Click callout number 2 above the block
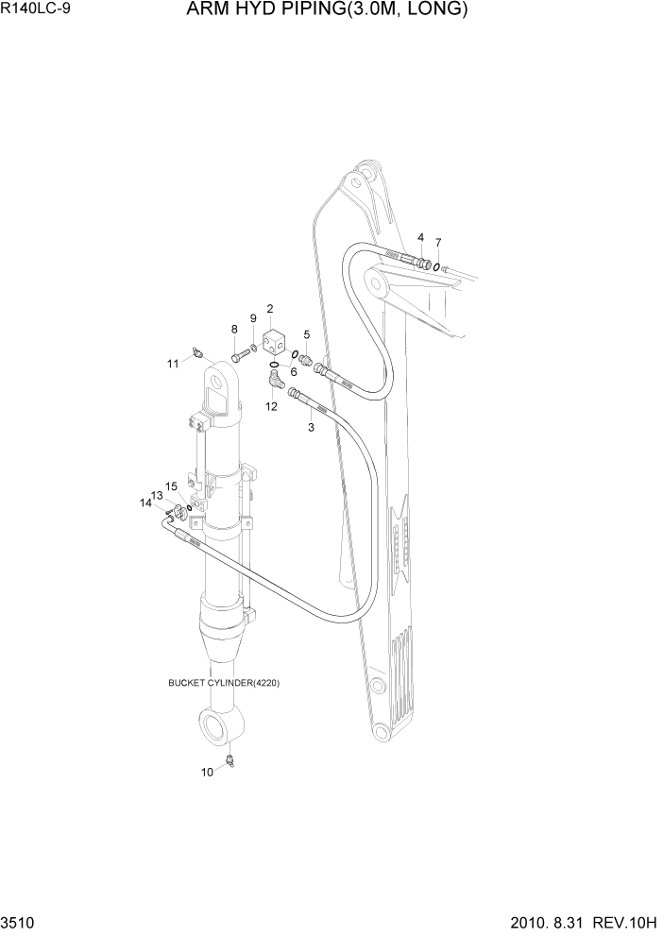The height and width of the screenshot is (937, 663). click(x=270, y=309)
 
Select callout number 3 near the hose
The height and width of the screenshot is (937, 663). click(x=311, y=428)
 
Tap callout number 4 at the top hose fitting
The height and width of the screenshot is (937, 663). click(x=420, y=237)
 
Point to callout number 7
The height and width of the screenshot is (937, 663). click(x=438, y=242)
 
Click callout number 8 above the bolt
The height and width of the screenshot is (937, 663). click(x=234, y=329)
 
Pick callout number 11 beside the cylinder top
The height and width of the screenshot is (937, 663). click(x=173, y=363)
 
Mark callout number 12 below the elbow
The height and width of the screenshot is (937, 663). click(x=271, y=406)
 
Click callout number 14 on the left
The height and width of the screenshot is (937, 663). click(x=145, y=503)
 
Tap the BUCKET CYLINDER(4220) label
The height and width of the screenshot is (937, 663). click(x=224, y=683)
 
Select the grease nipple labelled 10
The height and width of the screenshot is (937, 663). click(x=229, y=760)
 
